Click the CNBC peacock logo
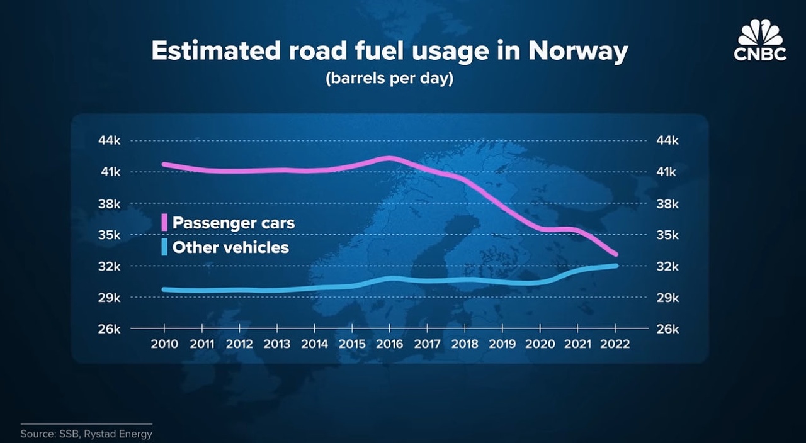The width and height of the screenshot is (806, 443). [760, 40]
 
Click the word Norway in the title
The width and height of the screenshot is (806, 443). [578, 51]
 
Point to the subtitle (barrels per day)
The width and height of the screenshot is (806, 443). [389, 78]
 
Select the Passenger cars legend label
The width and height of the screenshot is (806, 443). [234, 223]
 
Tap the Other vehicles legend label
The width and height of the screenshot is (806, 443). [230, 247]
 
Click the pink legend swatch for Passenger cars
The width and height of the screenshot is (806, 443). [164, 222]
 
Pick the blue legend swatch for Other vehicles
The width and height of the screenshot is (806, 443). [164, 247]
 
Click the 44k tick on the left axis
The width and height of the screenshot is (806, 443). [110, 140]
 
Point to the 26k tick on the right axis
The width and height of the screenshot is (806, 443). [667, 329]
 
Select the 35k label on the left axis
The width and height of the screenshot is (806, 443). [110, 235]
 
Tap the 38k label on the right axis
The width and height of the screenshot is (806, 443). [667, 204]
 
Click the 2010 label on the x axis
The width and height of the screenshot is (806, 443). [164, 344]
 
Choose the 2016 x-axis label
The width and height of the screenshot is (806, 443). [390, 344]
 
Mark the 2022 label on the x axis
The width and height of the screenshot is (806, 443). [615, 344]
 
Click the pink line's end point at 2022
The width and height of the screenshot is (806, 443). [616, 254]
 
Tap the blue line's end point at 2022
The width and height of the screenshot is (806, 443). [616, 266]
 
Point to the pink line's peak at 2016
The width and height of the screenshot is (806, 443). [390, 158]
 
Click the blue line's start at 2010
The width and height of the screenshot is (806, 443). [164, 289]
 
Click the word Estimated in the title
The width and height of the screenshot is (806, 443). [215, 51]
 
